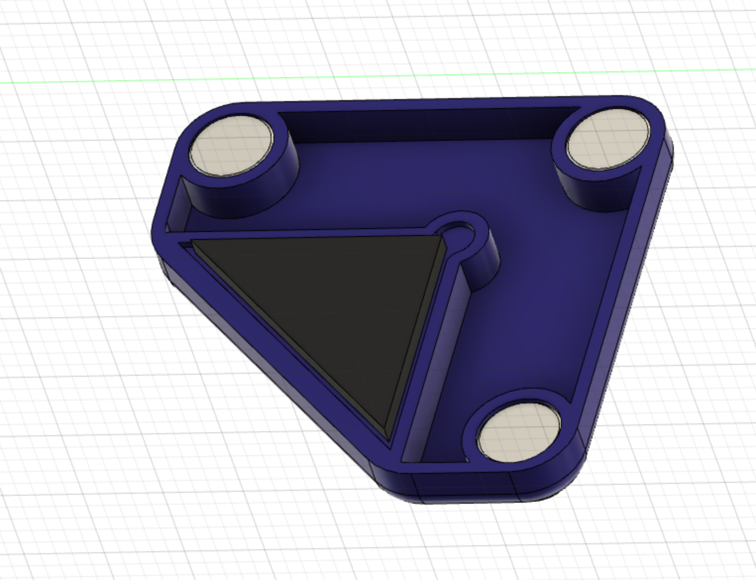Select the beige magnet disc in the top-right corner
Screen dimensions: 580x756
coord(607,139)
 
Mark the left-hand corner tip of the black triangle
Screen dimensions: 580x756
coord(193,241)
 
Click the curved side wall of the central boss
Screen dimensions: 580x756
coord(486,263)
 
